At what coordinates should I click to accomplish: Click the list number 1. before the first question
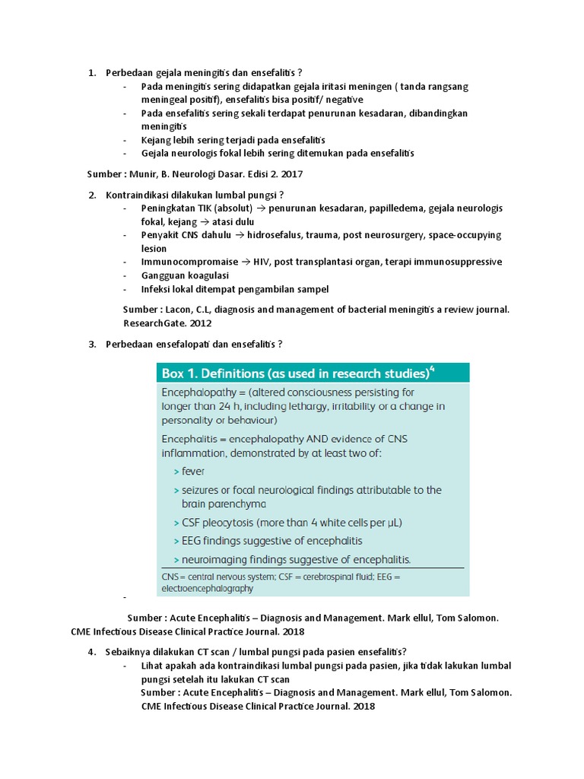pyautogui.click(x=91, y=73)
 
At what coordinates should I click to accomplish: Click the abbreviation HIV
pyautogui.click(x=266, y=262)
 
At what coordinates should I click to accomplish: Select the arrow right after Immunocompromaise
pyautogui.click(x=246, y=262)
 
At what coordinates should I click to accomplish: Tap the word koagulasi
pyautogui.click(x=205, y=275)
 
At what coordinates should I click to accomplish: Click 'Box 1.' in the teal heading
pyautogui.click(x=179, y=374)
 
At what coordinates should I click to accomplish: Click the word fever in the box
pyautogui.click(x=193, y=471)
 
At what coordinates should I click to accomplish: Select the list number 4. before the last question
pyautogui.click(x=91, y=652)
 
